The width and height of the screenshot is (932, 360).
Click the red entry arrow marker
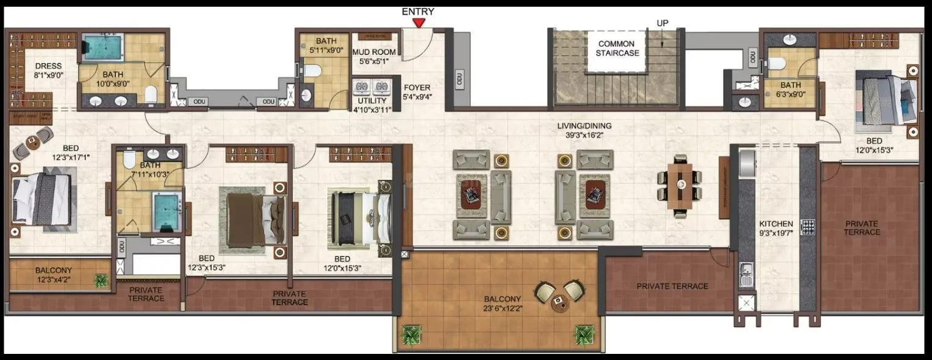pos(418,23)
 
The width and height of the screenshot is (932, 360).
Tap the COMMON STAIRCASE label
pos(616,48)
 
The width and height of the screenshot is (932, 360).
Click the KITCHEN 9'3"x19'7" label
pos(776,228)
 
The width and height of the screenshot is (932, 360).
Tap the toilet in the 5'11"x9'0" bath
pos(312,72)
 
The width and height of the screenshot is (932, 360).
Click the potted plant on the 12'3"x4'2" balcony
pos(100,281)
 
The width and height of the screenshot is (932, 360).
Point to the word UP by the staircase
pos(662,23)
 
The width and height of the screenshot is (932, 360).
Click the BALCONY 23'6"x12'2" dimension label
pos(502,304)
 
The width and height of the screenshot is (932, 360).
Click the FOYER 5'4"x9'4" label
pos(417,92)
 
